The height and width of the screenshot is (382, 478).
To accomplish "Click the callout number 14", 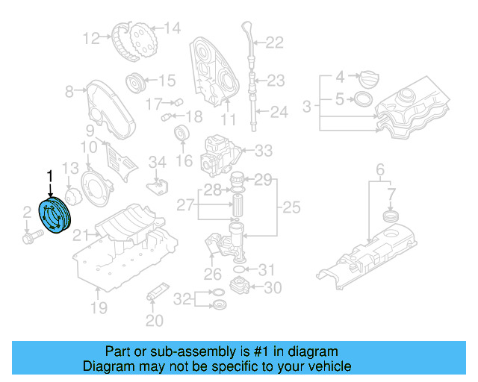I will [x=172, y=29].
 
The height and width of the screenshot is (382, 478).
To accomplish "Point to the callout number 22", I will [x=275, y=43].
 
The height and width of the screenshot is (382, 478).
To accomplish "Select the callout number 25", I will [x=290, y=205].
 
